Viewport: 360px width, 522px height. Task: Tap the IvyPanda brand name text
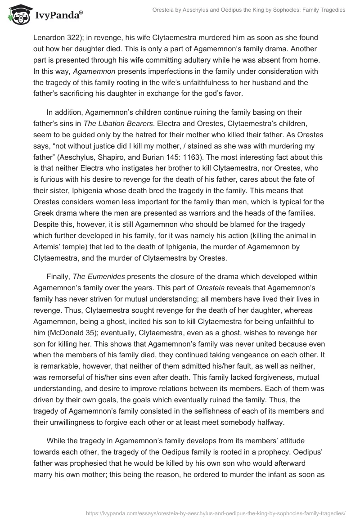tap(58, 14)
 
